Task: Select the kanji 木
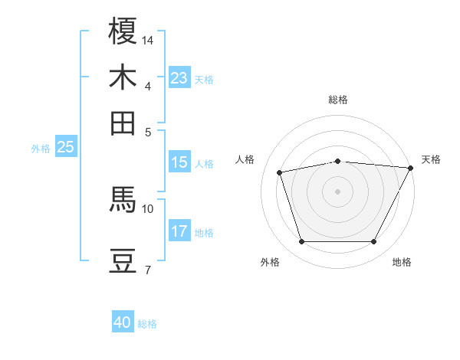click(x=123, y=77)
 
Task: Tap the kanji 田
click(x=123, y=123)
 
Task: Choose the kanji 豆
click(x=123, y=260)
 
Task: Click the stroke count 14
click(x=149, y=39)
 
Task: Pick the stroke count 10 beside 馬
click(x=148, y=208)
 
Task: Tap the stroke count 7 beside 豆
click(x=147, y=269)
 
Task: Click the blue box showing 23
click(x=179, y=78)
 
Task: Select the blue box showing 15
click(x=179, y=162)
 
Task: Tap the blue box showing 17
click(x=179, y=231)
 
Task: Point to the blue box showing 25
click(x=65, y=147)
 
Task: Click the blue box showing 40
click(x=123, y=323)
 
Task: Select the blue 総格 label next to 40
click(x=147, y=324)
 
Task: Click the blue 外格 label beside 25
click(x=41, y=149)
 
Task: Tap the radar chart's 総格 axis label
click(x=337, y=100)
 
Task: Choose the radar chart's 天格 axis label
click(x=431, y=159)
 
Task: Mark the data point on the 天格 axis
click(x=411, y=168)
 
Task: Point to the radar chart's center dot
click(x=337, y=191)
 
